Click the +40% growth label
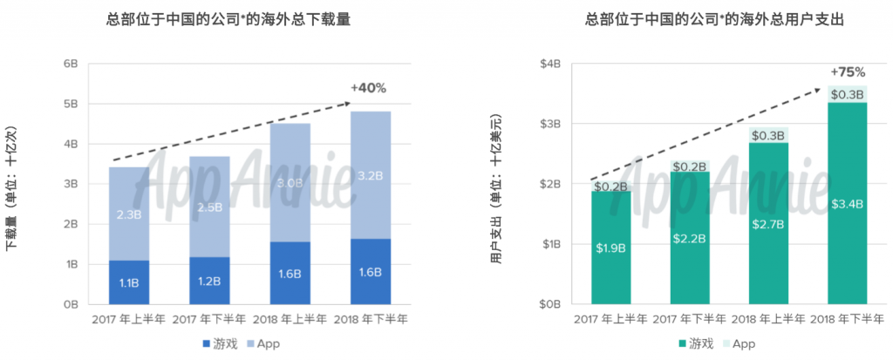(x=369, y=88)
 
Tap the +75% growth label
(x=848, y=72)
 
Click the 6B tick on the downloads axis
(x=72, y=64)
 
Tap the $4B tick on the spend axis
(x=552, y=64)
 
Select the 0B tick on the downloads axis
(x=72, y=305)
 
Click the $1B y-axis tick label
(x=552, y=244)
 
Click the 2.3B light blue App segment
(x=129, y=214)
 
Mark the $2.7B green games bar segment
(x=769, y=223)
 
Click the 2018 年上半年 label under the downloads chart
(x=290, y=320)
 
